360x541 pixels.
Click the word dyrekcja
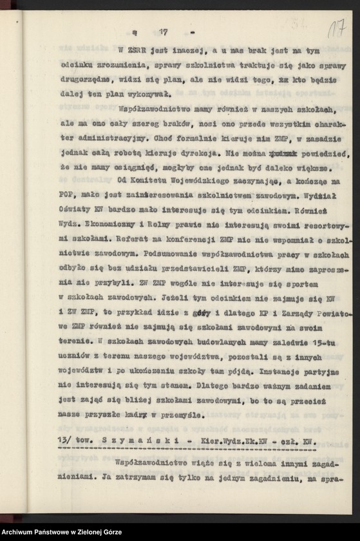point(200,154)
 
